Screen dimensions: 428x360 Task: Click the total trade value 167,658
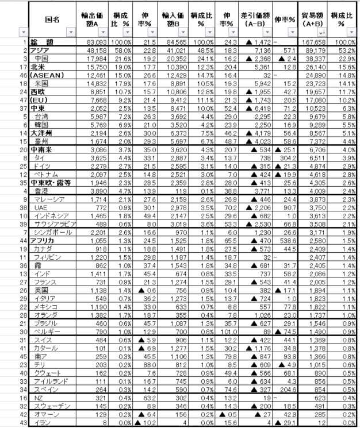pyautogui.click(x=321, y=43)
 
